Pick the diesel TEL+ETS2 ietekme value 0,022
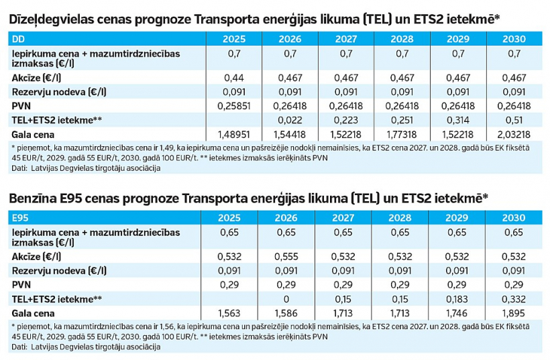290,119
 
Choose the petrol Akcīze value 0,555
290,257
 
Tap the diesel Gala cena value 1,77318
402,133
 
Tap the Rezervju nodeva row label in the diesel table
50,92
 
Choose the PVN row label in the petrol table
21,284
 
